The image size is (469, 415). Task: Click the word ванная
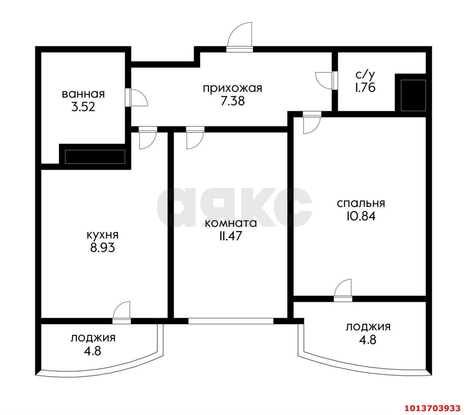(83, 94)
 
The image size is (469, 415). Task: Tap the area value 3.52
(83, 107)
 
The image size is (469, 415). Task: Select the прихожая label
(232, 89)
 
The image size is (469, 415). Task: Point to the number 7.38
(232, 101)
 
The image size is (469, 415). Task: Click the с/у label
(365, 75)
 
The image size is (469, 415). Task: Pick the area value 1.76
(365, 88)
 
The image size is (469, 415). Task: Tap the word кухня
(103, 236)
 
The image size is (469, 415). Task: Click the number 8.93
(103, 248)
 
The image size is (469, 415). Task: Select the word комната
(231, 223)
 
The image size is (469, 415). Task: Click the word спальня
(361, 204)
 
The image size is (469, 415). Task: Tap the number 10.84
(361, 216)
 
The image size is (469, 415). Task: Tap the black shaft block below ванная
(95, 157)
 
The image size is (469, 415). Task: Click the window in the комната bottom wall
(231, 321)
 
